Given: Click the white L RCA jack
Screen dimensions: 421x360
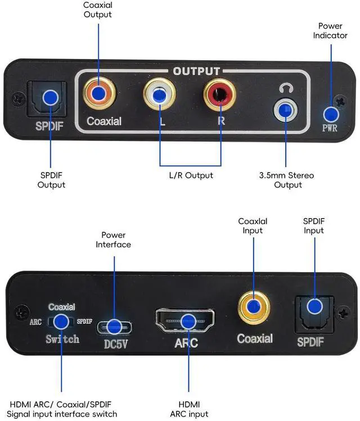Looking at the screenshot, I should click(159, 96).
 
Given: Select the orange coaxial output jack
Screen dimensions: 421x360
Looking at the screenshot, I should click(99, 93).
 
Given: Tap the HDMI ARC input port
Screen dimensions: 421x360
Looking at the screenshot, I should click(185, 321).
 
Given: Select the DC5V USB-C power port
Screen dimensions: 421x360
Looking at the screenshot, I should click(115, 327).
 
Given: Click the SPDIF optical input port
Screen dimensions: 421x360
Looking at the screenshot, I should click(314, 307).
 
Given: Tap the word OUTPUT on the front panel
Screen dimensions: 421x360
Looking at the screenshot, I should click(196, 71).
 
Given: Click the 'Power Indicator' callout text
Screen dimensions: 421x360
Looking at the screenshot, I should click(330, 30).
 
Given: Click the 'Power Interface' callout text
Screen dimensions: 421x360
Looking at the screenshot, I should click(113, 239).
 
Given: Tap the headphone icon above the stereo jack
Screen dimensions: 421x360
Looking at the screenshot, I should click(285, 88).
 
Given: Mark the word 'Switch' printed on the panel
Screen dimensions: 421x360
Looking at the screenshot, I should click(62, 339).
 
